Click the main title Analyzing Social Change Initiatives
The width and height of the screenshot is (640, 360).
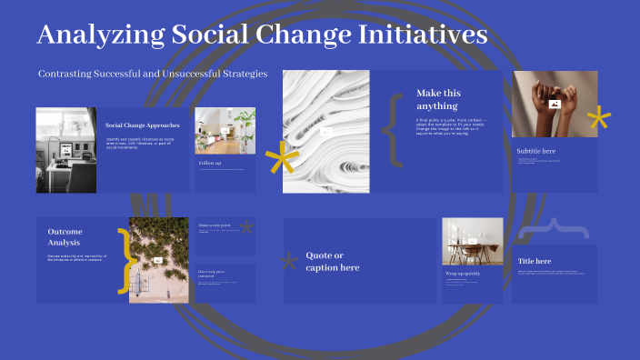(263, 35)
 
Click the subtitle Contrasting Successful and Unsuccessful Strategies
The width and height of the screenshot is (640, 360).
(153, 74)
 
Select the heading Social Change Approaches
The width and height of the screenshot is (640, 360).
(143, 125)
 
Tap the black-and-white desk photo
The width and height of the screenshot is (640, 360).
(65, 150)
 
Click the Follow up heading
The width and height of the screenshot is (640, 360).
(210, 164)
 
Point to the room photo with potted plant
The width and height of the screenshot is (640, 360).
(225, 131)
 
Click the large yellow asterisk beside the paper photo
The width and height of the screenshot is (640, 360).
(281, 160)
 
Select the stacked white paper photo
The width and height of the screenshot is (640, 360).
(325, 131)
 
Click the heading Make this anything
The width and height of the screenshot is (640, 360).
(438, 99)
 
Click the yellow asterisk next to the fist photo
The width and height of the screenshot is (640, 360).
(598, 118)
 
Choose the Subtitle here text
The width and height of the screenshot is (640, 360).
(535, 151)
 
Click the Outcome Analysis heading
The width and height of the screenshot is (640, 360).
(65, 237)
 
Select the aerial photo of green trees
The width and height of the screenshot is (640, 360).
(158, 260)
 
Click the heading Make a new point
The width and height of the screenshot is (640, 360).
(215, 225)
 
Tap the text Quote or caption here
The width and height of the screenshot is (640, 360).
(332, 261)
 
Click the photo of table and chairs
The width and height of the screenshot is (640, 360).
(472, 242)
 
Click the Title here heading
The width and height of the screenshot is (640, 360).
(535, 262)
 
